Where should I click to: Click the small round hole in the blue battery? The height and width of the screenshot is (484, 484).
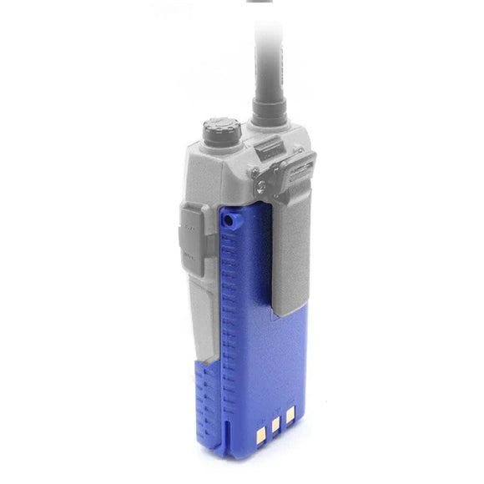228,219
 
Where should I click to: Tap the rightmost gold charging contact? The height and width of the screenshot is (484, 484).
290,414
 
